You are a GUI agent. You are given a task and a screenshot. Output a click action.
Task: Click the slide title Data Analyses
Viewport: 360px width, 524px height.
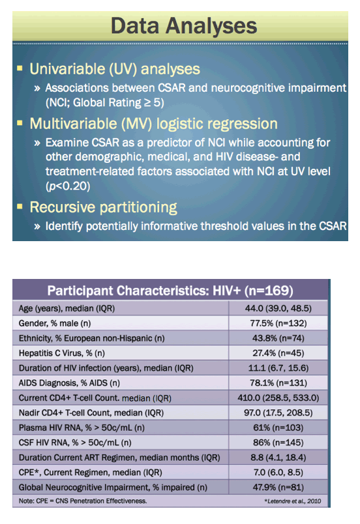(184, 26)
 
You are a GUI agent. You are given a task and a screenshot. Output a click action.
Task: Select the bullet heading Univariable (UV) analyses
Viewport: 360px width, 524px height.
(115, 69)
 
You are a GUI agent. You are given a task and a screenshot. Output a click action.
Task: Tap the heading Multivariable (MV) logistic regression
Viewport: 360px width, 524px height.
(153, 124)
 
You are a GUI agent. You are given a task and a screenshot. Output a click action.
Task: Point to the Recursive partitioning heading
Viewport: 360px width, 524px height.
(103, 207)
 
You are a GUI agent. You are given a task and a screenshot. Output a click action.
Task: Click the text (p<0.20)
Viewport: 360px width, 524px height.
(68, 186)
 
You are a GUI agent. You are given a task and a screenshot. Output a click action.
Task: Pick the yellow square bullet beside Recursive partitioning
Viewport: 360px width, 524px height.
(20, 207)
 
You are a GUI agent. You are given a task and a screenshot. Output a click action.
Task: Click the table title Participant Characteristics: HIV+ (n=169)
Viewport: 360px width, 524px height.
(170, 291)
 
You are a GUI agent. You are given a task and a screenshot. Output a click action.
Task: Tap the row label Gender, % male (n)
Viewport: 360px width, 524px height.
(55, 323)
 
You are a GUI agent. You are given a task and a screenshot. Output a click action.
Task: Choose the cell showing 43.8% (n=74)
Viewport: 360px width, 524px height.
(278, 338)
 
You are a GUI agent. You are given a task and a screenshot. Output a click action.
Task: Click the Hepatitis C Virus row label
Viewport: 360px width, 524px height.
(61, 353)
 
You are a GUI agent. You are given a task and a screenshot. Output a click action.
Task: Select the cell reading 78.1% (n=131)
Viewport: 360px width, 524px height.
(278, 383)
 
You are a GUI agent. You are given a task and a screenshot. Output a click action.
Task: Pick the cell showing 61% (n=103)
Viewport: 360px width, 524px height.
(278, 428)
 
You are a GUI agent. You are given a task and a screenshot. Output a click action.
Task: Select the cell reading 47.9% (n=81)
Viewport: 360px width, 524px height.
(278, 488)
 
